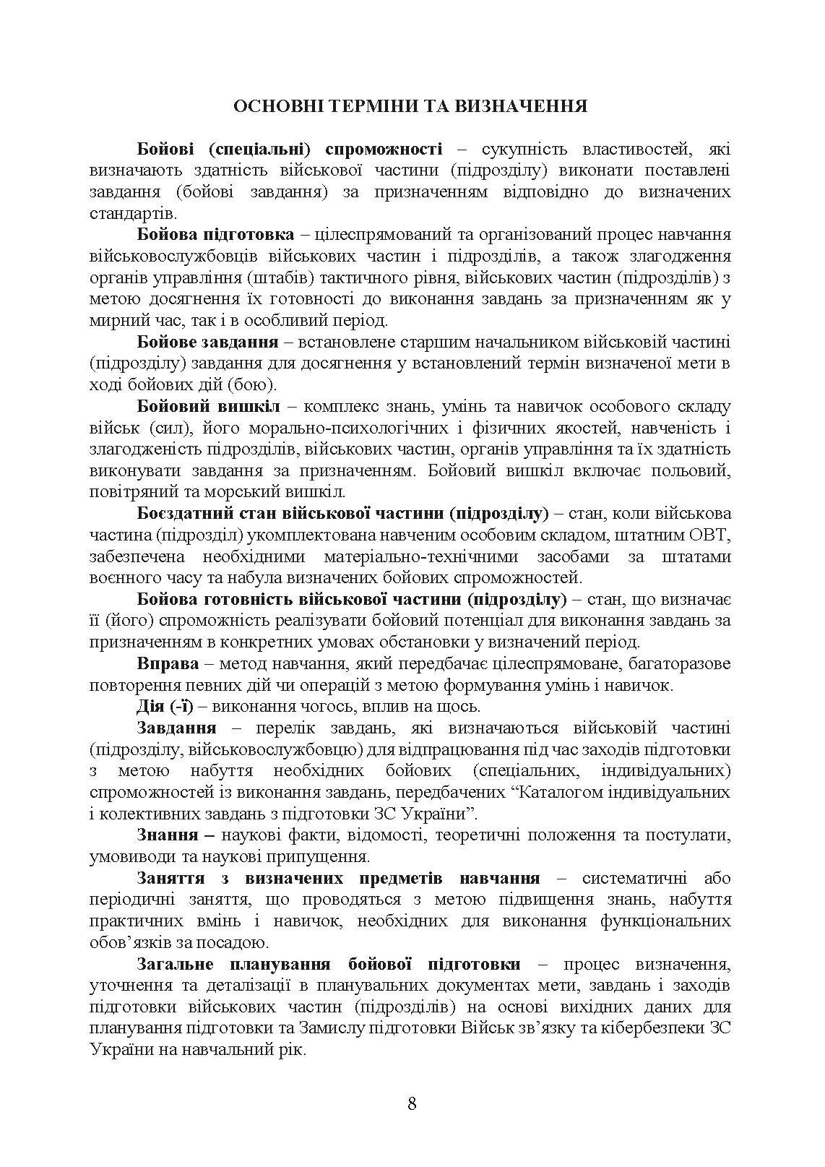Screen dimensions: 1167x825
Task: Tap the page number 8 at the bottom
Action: click(412, 1103)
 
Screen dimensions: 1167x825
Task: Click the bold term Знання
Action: click(167, 835)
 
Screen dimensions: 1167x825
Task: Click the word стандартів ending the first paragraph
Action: click(131, 214)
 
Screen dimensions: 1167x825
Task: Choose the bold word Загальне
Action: click(176, 965)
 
